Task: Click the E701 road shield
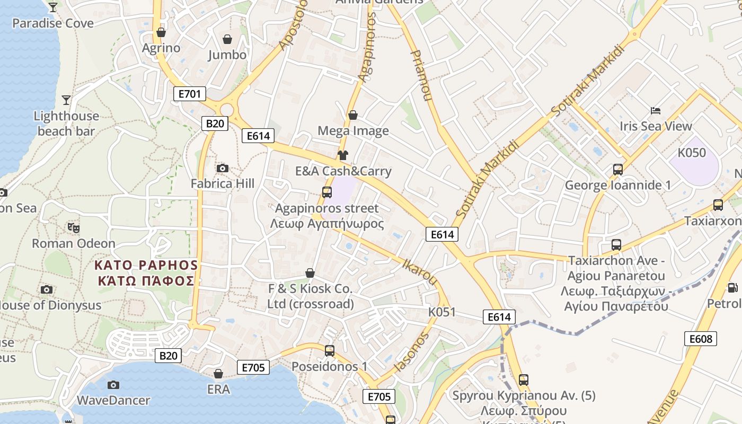pos(189,94)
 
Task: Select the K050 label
pos(692,153)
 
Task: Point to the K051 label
pos(441,312)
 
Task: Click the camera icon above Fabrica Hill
pos(223,169)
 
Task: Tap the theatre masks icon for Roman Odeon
pos(74,228)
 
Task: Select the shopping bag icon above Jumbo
pos(227,39)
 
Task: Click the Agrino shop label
pos(161,48)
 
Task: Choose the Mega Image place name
pos(353,131)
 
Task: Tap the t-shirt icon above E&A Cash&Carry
pos(343,155)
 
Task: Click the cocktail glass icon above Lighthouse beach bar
pos(66,100)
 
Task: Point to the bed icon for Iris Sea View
pos(656,111)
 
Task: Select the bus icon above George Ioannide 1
pos(618,170)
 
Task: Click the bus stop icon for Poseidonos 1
pos(330,350)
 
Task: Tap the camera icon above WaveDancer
pos(113,385)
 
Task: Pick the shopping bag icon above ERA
pos(218,374)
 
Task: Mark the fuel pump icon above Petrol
pos(732,288)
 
